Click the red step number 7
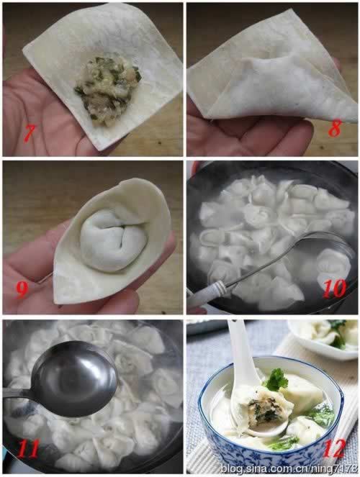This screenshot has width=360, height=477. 30,132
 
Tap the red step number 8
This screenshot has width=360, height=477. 335,128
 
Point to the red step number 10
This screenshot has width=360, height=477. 334,288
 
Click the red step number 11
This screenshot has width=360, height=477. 29,448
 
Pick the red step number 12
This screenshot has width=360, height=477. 334,448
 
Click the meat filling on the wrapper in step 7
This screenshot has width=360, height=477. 108,89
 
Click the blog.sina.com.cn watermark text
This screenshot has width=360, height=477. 289,468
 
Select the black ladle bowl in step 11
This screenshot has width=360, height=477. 75,378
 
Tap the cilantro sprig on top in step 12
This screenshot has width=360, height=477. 276,380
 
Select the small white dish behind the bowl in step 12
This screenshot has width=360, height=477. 323,337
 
